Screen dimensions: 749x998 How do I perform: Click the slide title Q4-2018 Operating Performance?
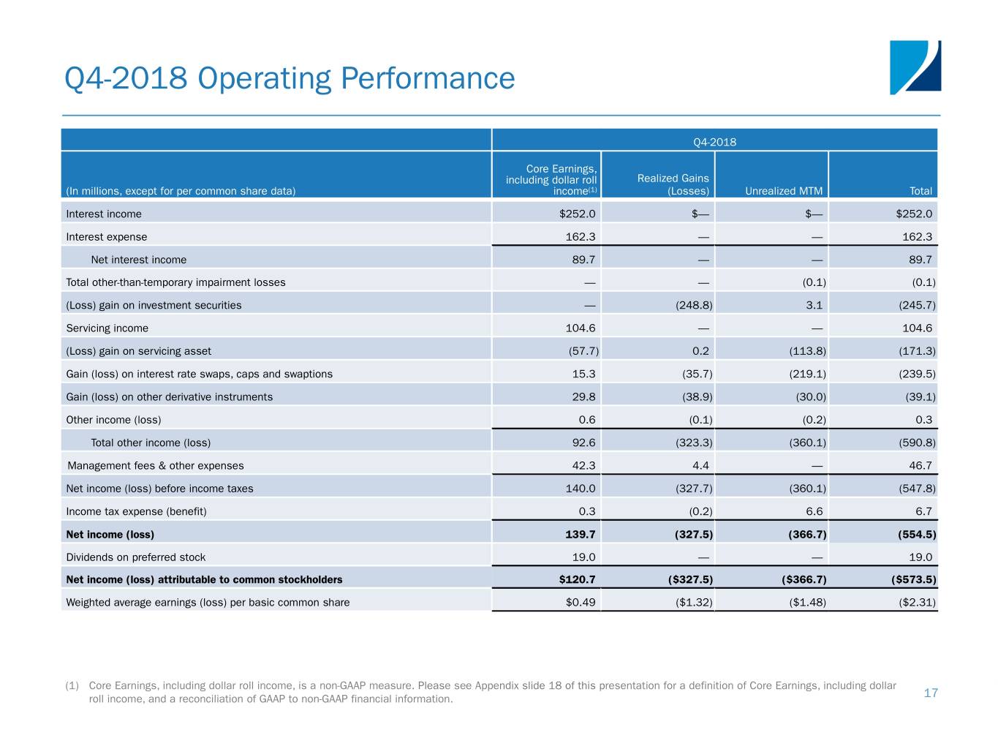[290, 78]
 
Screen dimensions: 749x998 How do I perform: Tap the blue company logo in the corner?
[915, 67]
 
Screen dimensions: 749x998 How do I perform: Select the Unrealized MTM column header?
[783, 191]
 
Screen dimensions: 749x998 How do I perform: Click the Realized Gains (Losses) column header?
[673, 184]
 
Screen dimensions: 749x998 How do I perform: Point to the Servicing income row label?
[107, 328]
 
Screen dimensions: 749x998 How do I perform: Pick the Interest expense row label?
[106, 236]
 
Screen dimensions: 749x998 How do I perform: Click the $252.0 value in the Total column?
[914, 214]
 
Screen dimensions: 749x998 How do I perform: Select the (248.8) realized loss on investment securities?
[693, 305]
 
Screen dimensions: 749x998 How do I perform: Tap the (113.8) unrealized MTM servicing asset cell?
[807, 350]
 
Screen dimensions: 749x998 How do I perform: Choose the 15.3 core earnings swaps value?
[583, 374]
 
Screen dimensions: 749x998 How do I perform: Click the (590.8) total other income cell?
[917, 443]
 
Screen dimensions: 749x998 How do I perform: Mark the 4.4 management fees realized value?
[700, 465]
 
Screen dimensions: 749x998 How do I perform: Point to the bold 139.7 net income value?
[581, 534]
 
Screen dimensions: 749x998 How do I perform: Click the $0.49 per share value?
[581, 602]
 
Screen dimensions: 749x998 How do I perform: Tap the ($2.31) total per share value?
[917, 602]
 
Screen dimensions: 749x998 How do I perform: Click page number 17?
[930, 693]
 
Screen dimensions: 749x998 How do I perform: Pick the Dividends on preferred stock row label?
[135, 557]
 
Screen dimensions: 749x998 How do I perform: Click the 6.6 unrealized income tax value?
[814, 511]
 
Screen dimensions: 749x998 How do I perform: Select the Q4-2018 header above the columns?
[714, 141]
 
